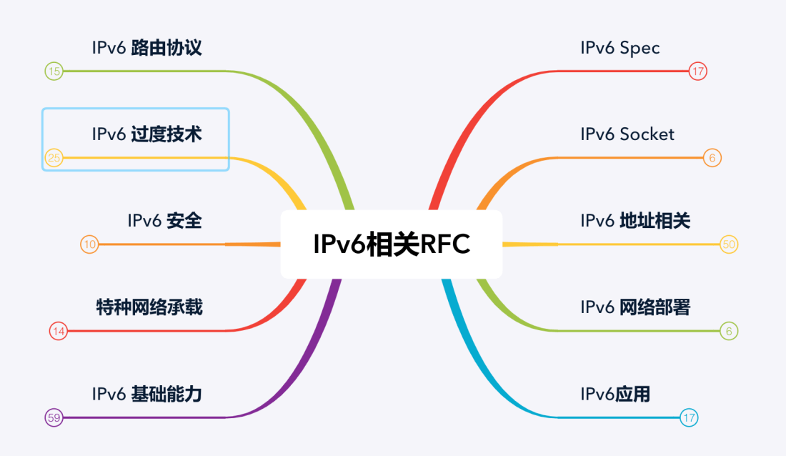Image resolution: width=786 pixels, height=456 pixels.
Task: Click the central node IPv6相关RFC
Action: pos(392,244)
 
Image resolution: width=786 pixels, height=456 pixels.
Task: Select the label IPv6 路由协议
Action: pos(147,48)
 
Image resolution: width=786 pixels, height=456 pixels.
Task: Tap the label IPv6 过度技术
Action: pos(147,134)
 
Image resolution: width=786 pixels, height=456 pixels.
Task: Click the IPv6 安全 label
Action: pos(165,220)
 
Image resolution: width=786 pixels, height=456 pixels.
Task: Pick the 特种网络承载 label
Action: pos(149,307)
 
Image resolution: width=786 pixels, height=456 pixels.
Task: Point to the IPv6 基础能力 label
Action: pos(147,394)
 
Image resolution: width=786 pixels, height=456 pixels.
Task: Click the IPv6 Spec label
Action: pos(620,48)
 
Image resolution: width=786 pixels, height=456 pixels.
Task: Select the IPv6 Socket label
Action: pos(627,134)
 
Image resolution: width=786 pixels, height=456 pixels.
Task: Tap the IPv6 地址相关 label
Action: pos(635,220)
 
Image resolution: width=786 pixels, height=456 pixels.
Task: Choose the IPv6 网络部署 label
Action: pos(635,307)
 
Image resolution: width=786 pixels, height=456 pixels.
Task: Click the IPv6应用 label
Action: pos(615,394)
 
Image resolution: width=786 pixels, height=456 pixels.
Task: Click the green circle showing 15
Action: pos(54,71)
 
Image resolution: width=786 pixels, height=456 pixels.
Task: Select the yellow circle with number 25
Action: pos(54,158)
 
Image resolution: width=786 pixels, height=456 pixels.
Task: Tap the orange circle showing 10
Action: pos(89,244)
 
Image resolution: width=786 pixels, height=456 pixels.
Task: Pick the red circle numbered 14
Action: pos(59,331)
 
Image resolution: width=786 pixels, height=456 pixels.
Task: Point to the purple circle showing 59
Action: pos(54,417)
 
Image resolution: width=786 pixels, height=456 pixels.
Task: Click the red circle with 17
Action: pos(698,71)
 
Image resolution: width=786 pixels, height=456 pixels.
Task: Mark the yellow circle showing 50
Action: pos(728,244)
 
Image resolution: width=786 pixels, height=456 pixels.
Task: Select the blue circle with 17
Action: pos(689,417)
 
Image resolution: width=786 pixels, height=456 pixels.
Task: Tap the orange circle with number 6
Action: pos(712,158)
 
